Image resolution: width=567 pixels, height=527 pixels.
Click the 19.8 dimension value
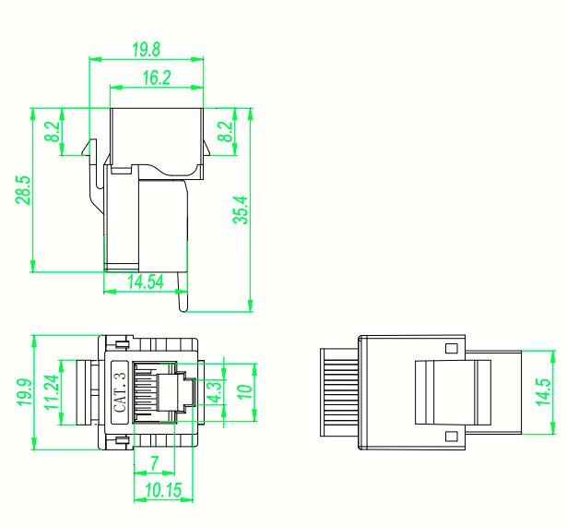tap(147, 48)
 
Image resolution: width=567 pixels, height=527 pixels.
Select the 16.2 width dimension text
tap(157, 78)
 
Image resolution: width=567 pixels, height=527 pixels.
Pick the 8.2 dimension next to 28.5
tap(54, 132)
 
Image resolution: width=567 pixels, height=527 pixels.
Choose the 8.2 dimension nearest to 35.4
tap(225, 132)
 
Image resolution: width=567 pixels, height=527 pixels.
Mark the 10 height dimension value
tap(244, 392)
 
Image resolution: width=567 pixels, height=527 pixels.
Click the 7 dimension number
tap(155, 461)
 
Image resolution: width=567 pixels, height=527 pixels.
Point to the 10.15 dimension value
tap(162, 490)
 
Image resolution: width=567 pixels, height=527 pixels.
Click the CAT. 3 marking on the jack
tap(119, 392)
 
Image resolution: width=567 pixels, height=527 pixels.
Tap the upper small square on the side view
tap(451, 349)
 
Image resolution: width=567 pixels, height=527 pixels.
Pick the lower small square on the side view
tap(451, 436)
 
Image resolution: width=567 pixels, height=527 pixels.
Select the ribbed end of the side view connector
tap(338, 392)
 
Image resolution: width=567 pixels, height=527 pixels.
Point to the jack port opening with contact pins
tap(148, 392)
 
